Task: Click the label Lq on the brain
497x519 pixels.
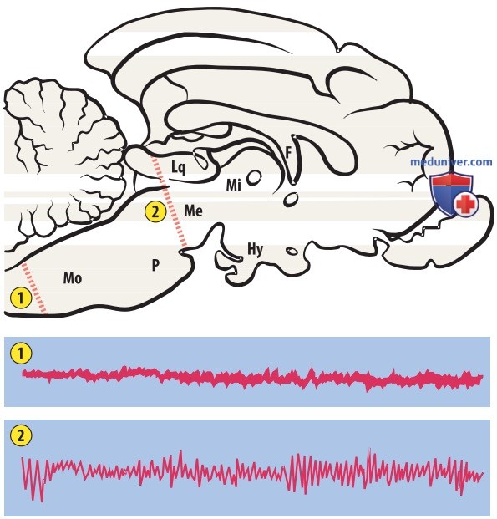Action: pyautogui.click(x=179, y=167)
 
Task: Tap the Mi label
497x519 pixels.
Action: pyautogui.click(x=234, y=185)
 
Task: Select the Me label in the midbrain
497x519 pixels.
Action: pyautogui.click(x=194, y=211)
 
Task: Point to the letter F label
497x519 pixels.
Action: pyautogui.click(x=288, y=153)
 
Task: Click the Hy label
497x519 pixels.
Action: pyautogui.click(x=255, y=249)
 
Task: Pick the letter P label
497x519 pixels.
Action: pyautogui.click(x=155, y=265)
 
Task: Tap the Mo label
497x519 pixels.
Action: pyautogui.click(x=73, y=278)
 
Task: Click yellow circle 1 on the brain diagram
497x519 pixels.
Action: pyautogui.click(x=21, y=298)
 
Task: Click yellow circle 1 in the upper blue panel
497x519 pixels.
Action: pyautogui.click(x=21, y=354)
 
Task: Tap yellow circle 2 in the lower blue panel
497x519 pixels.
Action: pyautogui.click(x=21, y=435)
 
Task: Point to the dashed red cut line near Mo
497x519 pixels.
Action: pyautogui.click(x=34, y=288)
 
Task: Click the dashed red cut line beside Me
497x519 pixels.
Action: pyautogui.click(x=169, y=201)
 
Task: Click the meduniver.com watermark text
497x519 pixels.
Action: pyautogui.click(x=451, y=162)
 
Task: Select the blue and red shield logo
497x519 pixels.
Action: pyautogui.click(x=454, y=194)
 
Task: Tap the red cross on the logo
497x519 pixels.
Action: pyautogui.click(x=466, y=204)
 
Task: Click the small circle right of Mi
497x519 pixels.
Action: pyautogui.click(x=254, y=177)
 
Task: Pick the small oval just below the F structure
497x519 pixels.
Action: pyautogui.click(x=291, y=200)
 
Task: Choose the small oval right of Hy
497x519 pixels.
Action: pyautogui.click(x=292, y=252)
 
